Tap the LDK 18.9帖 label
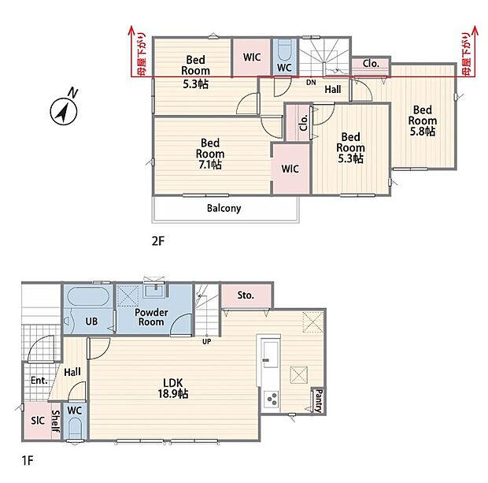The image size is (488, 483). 172,388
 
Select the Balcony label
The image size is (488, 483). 224,208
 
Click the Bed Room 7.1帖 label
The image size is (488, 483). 210,154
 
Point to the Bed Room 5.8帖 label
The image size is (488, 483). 423,121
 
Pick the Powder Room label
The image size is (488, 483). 151,318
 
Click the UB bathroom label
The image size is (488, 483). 91,321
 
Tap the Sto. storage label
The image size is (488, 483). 246,295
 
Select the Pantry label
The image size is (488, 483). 320,401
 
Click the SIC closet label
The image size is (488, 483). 38,421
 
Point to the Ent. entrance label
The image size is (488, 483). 39,380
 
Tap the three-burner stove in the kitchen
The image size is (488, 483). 272,399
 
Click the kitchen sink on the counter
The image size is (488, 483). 270,354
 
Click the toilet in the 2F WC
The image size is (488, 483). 284,50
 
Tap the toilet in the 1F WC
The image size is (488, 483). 75,428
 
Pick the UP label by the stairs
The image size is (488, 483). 207,341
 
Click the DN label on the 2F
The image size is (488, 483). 311,83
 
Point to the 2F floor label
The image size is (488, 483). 157,241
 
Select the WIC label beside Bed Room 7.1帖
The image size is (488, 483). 290,169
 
